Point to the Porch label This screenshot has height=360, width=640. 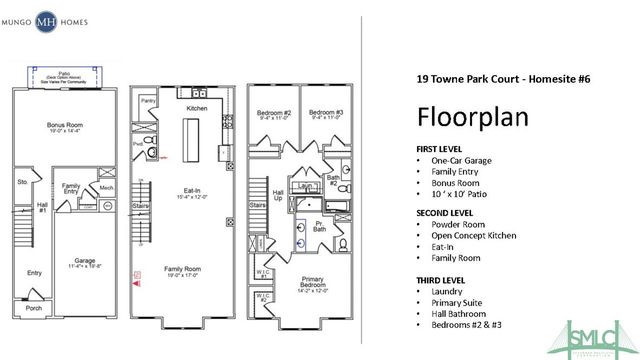35,308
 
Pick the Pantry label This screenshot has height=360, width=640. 148,101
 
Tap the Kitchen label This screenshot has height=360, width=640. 196,107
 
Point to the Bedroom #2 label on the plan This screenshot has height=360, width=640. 273,112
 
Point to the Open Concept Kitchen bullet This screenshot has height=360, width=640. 474,236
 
